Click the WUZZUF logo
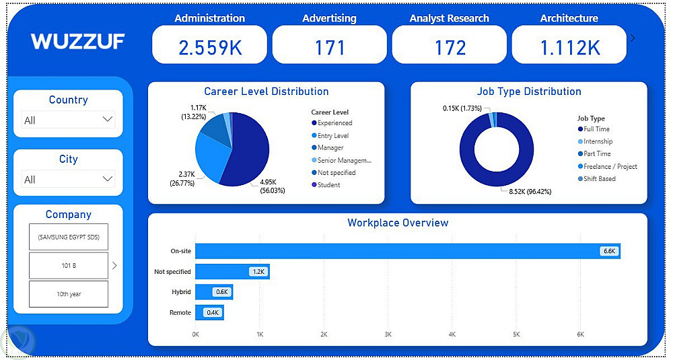[77, 42]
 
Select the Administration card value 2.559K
[209, 47]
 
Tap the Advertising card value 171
[330, 47]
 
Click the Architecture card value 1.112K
[569, 47]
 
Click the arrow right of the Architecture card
[633, 38]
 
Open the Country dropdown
[68, 120]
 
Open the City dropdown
[68, 179]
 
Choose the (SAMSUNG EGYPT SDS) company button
[69, 237]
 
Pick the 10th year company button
[69, 294]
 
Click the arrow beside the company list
[114, 266]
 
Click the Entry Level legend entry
[333, 136]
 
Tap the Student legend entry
[328, 185]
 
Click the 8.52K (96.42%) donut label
[525, 192]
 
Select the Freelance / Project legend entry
[610, 166]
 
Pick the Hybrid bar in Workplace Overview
[213, 292]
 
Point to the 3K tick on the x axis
[388, 334]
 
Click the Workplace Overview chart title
[398, 223]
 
